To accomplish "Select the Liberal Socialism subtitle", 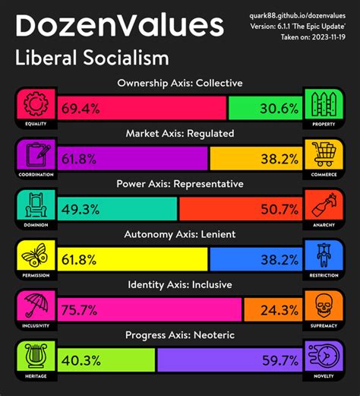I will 92,58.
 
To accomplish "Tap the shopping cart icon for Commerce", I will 325,154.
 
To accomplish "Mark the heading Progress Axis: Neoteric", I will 180,334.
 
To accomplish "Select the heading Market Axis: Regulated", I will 180,133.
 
